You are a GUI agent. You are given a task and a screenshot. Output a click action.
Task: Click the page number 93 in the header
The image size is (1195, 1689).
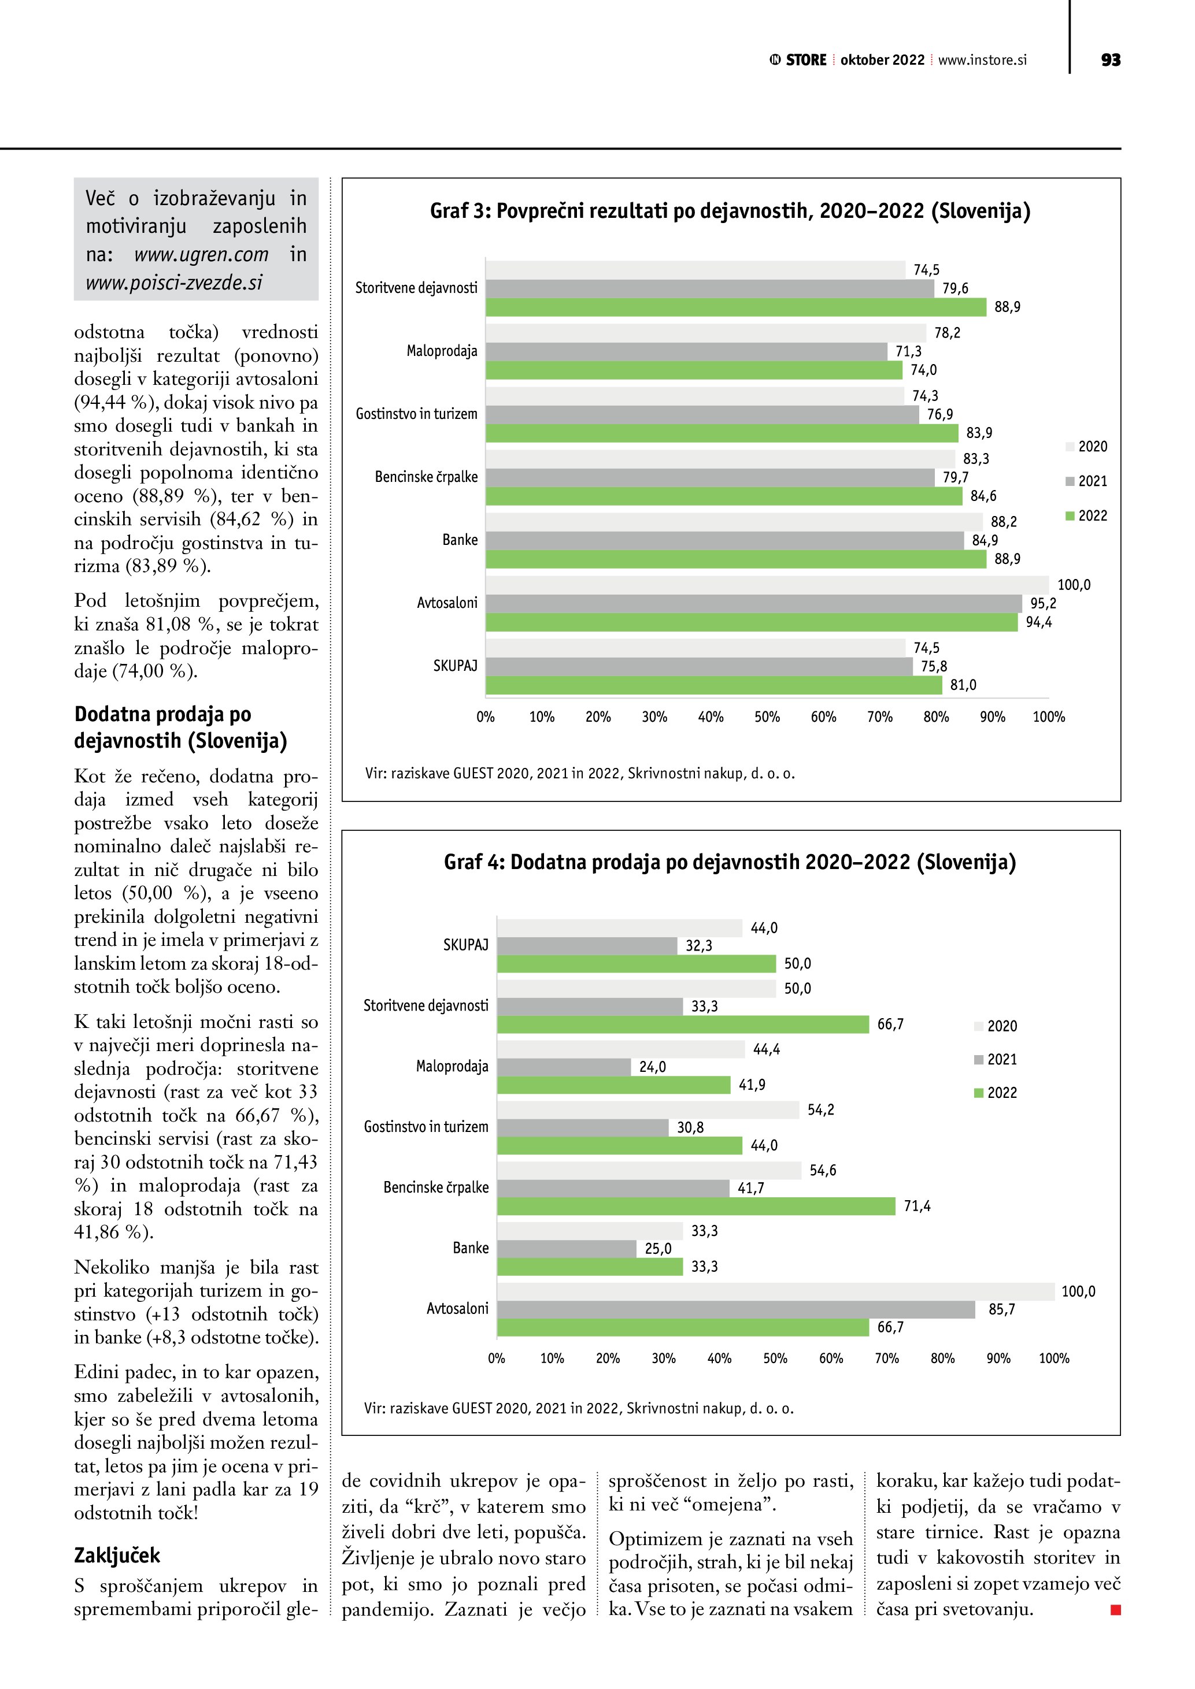tap(1111, 60)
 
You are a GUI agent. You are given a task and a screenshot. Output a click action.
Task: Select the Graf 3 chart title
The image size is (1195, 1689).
tap(730, 211)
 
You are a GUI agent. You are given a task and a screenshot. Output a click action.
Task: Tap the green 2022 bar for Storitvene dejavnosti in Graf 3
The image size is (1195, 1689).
tap(735, 307)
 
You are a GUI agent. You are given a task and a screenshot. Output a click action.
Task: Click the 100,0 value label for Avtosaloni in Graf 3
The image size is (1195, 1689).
tap(1074, 585)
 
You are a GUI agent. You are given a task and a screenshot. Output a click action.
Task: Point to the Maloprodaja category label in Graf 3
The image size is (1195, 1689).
tap(442, 351)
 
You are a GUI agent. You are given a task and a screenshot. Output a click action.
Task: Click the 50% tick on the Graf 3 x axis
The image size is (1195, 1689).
tap(767, 717)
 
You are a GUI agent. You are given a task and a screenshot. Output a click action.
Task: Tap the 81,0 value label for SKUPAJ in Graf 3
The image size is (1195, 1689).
tap(963, 685)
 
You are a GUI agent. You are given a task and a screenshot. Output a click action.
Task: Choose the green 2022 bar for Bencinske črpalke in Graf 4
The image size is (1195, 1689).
tap(696, 1207)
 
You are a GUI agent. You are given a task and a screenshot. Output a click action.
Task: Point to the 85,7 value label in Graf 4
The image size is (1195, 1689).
tap(1001, 1309)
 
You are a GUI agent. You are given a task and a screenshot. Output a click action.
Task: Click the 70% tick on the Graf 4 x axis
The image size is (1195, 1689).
tap(887, 1358)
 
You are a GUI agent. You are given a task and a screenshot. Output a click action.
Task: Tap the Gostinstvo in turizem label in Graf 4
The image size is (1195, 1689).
tap(426, 1127)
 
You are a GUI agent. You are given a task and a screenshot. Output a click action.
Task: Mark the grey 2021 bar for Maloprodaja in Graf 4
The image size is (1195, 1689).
tap(564, 1067)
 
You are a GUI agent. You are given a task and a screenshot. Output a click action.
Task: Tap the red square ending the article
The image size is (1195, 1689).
tap(1116, 1610)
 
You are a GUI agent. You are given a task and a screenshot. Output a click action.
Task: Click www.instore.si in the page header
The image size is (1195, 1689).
tap(982, 60)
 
